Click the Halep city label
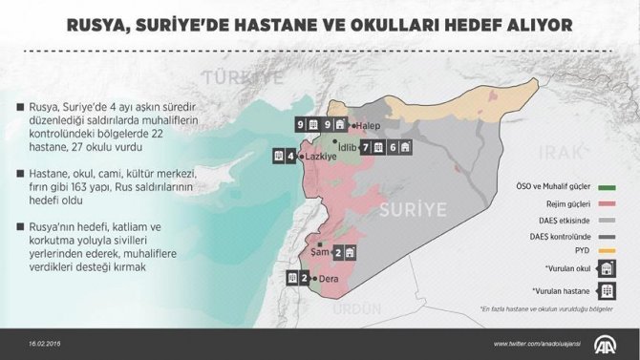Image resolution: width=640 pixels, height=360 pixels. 370,125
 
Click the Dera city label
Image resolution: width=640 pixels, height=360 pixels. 331,279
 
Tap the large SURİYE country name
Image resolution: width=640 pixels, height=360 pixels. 415,209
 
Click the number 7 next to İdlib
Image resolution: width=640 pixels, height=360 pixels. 366,147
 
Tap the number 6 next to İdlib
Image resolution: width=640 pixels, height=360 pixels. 393,147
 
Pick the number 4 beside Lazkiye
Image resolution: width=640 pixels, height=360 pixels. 289,156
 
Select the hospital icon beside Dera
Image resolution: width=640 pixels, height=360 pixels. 291,279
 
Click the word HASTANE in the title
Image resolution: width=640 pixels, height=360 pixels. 302,24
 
